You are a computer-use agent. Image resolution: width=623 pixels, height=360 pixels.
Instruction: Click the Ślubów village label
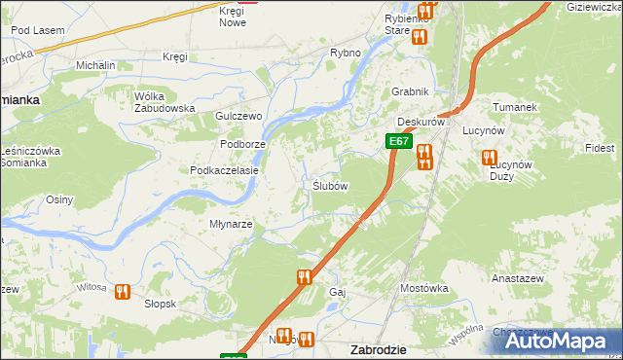click(330, 186)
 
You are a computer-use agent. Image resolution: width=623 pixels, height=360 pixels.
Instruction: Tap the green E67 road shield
click(397, 141)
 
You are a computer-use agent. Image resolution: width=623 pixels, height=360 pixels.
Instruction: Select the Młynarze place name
click(232, 224)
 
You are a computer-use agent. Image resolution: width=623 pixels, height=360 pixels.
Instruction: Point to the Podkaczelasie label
click(224, 170)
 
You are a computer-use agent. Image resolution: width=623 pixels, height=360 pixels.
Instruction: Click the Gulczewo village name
click(239, 116)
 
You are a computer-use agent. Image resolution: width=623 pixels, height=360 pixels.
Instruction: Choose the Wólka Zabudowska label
click(165, 102)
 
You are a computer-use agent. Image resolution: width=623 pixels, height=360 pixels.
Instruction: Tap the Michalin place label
click(95, 65)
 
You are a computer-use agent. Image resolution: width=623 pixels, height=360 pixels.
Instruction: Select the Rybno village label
click(346, 53)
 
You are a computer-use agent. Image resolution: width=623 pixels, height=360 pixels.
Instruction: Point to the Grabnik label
click(410, 91)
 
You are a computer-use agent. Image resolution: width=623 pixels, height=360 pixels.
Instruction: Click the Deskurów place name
click(421, 123)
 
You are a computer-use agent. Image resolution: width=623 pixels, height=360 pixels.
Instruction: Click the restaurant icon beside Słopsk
click(123, 290)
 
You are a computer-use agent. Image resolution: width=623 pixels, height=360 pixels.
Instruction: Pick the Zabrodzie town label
click(378, 349)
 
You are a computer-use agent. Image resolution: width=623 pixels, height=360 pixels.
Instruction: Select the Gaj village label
click(338, 292)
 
